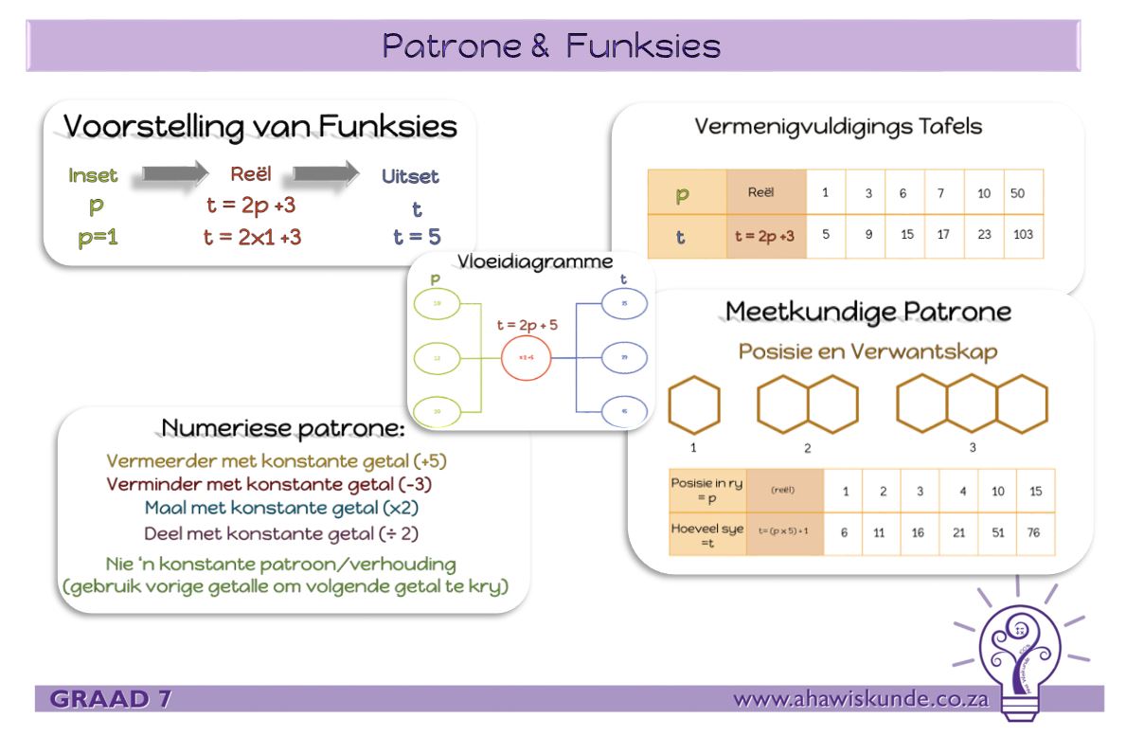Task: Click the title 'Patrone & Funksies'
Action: coord(551,45)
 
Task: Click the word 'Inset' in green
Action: coord(93,175)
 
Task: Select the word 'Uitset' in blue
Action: coord(410,176)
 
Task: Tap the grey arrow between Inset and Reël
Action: coord(174,173)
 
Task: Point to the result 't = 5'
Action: coord(418,237)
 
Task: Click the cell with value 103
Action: coord(1023,235)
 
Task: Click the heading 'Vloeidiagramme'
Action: coord(535,261)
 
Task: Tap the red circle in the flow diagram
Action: coord(527,358)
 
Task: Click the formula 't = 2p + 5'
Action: coord(527,325)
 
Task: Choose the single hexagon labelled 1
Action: coord(694,404)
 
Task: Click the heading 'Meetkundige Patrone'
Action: coord(867,312)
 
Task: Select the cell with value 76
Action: coord(1034,533)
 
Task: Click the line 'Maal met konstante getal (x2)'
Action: coord(281,508)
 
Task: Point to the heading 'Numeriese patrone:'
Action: coord(283,428)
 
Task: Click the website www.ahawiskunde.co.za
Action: coord(861,700)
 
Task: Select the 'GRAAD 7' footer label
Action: coord(111,700)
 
